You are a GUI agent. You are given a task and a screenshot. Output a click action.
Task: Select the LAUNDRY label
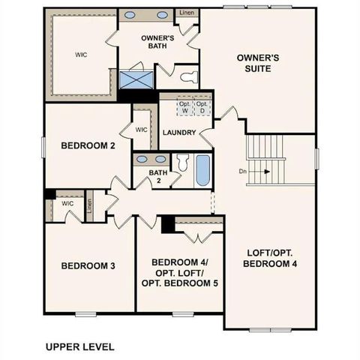pyautogui.click(x=178, y=133)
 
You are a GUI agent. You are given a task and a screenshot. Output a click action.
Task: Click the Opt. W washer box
pyautogui.click(x=184, y=107)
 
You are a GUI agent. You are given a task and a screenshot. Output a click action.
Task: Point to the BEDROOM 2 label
pyautogui.click(x=88, y=145)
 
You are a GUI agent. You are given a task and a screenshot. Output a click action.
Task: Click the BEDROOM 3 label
pyautogui.click(x=88, y=265)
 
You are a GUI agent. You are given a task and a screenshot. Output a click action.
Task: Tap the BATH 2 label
pyautogui.click(x=157, y=176)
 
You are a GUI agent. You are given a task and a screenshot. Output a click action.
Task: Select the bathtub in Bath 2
pyautogui.click(x=202, y=170)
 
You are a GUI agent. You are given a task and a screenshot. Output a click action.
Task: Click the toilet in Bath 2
pyautogui.click(x=181, y=163)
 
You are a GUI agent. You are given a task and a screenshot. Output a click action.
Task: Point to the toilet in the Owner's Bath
pyautogui.click(x=188, y=76)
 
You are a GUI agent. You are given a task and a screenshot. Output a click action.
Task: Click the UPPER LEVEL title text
pyautogui.click(x=79, y=346)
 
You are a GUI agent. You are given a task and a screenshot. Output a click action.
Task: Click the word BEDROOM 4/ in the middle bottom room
pyautogui.click(x=179, y=262)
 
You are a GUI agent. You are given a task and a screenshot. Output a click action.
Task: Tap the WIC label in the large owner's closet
pyautogui.click(x=81, y=54)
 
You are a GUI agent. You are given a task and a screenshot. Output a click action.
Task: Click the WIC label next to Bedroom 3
pyautogui.click(x=67, y=203)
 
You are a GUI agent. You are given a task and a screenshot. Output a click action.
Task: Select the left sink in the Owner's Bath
pyautogui.click(x=130, y=15)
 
